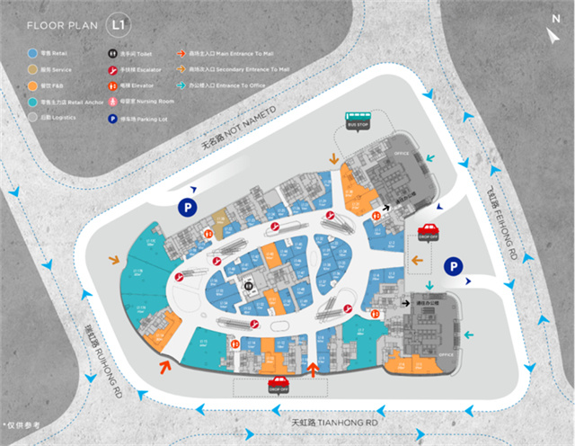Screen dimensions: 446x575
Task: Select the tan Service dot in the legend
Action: pyautogui.click(x=32, y=69)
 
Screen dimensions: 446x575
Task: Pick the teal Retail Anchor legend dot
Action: pyautogui.click(x=32, y=101)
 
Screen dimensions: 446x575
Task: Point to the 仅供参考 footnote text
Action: pyautogui.click(x=24, y=422)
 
